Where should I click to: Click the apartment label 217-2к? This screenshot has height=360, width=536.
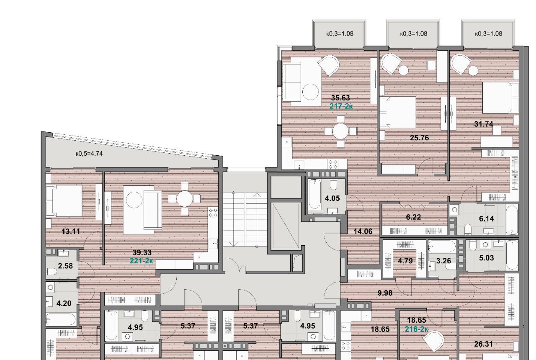(341, 106)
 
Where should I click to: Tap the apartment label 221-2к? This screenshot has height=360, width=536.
(142, 260)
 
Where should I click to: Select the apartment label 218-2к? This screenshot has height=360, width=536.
(416, 329)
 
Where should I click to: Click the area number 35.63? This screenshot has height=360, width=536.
(340, 98)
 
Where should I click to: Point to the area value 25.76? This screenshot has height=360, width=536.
(420, 138)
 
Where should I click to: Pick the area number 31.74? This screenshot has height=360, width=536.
(484, 124)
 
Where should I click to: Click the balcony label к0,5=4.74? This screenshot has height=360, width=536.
(89, 153)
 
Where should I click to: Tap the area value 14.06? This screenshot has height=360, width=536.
(363, 231)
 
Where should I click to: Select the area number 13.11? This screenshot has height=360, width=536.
(71, 231)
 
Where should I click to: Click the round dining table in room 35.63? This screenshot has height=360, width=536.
(340, 131)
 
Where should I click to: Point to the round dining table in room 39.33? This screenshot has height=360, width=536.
(185, 199)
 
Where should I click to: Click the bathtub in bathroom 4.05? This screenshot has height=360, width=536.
(314, 194)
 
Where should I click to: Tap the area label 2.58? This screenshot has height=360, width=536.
(65, 266)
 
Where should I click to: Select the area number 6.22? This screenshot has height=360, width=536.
(413, 217)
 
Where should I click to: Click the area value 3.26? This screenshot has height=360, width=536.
(443, 260)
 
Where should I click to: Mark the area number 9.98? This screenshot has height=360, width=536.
(385, 293)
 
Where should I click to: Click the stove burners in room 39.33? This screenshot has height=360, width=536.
(213, 213)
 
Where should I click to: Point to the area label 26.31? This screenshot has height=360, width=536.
(483, 344)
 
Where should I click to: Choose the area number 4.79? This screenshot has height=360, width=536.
(405, 260)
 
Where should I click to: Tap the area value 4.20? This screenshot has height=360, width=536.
(64, 303)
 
